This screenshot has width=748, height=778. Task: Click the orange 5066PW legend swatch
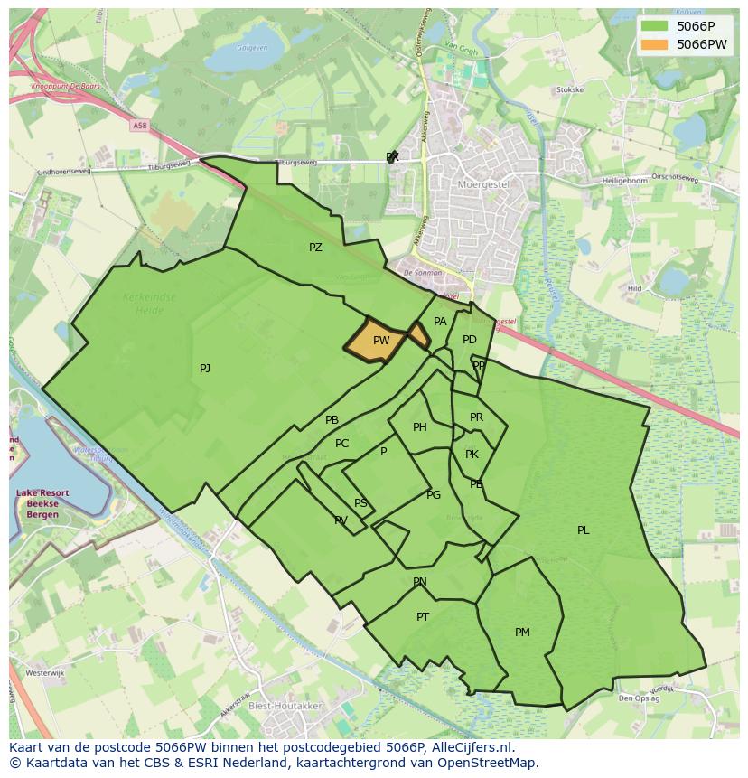pos(656,44)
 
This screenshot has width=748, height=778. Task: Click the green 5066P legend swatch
pos(656,26)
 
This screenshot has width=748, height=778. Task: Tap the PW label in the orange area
pos(381,341)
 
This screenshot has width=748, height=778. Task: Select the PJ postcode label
pos(205,368)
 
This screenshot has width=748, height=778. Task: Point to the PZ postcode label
pos(315,247)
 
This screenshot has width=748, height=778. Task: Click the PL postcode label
pos(584,530)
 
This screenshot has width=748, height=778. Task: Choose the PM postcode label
pos(522,633)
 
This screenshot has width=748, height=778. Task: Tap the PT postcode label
pos(423,617)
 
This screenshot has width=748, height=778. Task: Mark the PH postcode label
pos(420,427)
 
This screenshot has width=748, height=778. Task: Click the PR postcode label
pos(476,417)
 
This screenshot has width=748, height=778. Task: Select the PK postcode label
pos(472,455)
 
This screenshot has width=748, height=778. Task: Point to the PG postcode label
pos(434,494)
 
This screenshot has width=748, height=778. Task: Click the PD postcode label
pos(470,340)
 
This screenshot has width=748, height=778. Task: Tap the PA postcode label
pos(440,322)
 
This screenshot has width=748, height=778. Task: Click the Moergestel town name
pos(485,183)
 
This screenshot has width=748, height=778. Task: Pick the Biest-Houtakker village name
pos(285,706)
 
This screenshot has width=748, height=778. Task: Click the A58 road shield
pos(138,126)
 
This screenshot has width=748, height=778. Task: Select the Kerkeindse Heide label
pos(149,302)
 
